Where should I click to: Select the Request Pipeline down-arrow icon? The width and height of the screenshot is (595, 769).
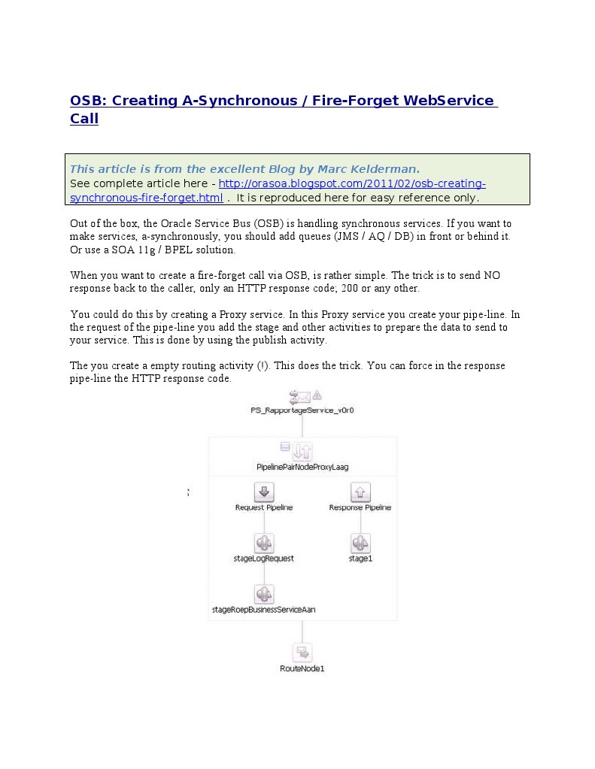[264, 492]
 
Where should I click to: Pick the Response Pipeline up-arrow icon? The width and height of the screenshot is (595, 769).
[360, 492]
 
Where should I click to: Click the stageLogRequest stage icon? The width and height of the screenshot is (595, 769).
[264, 543]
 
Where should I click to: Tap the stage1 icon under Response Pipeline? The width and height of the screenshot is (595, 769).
[360, 543]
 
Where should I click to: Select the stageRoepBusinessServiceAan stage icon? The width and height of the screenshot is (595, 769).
[264, 595]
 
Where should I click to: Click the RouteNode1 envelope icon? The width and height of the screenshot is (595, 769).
[302, 652]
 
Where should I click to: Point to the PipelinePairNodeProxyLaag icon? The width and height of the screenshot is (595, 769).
[302, 451]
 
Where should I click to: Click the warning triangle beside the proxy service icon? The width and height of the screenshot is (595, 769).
[317, 395]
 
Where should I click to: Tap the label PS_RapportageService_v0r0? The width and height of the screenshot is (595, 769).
[302, 410]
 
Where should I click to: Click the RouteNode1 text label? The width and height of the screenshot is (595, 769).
[302, 668]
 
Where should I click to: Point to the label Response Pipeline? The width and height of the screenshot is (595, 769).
[360, 507]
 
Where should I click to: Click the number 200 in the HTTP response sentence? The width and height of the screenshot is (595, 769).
[397, 289]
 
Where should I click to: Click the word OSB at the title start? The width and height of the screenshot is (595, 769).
[85, 101]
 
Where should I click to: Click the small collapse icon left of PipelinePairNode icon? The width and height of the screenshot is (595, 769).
[285, 447]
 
